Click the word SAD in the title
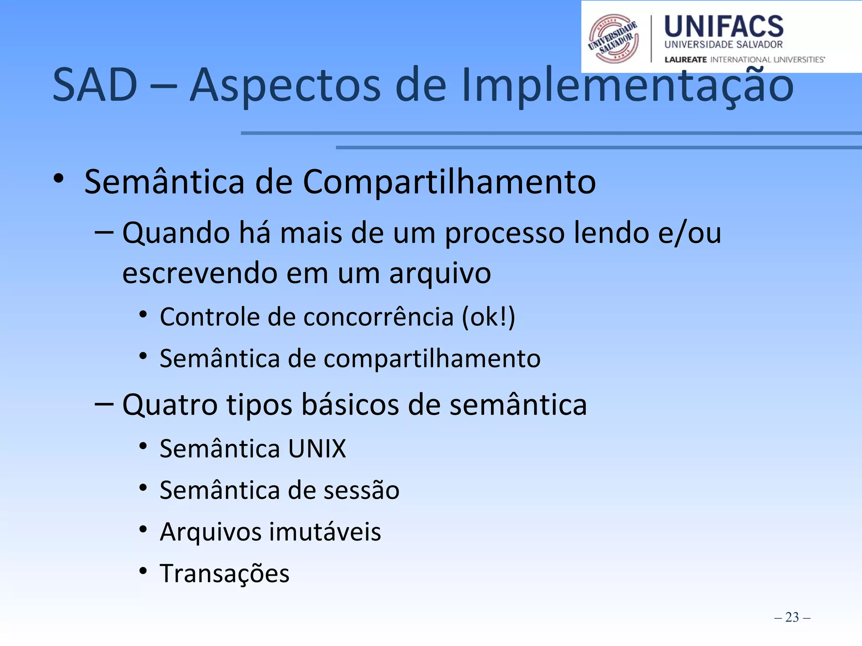point(95,85)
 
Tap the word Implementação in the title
point(627,86)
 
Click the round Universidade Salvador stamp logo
point(613,39)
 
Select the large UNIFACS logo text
point(724,26)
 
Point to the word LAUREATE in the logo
point(685,60)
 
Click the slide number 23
point(792,617)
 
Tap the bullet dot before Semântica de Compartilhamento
point(59,178)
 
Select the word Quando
point(176,233)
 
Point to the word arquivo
point(440,273)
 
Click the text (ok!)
point(488,317)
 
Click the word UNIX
point(317,448)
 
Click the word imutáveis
point(325,532)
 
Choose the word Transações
point(224,574)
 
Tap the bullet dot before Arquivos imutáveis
point(143,530)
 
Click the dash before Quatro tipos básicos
point(104,404)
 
